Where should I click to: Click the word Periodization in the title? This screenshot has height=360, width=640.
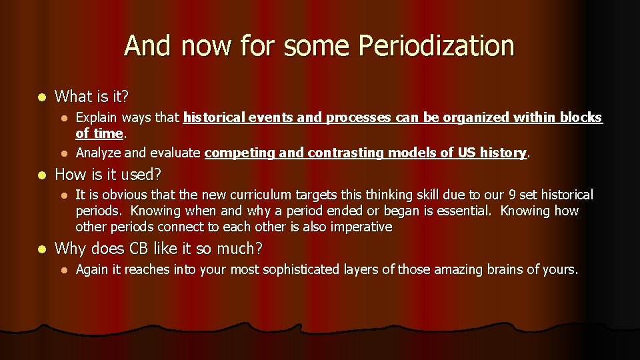pos(436,47)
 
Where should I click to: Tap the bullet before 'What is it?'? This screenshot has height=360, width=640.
pos(42,97)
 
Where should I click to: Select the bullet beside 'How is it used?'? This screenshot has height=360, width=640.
pos(42,175)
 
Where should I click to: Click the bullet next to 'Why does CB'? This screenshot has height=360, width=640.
pos(42,249)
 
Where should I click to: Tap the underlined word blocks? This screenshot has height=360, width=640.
pos(582,118)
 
